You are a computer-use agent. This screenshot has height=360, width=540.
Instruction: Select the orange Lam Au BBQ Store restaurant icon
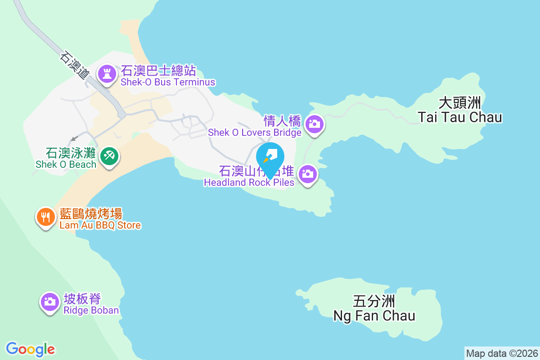[45, 217]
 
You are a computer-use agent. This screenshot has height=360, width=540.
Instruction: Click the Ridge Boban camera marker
[50, 301]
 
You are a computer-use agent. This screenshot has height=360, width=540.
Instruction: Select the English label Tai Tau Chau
[459, 117]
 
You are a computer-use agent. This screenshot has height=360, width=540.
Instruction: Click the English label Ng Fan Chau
[374, 315]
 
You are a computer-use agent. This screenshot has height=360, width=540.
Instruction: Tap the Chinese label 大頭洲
[460, 103]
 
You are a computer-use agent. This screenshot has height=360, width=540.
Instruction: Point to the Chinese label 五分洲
[374, 301]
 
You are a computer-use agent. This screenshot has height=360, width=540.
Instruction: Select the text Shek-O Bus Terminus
[168, 82]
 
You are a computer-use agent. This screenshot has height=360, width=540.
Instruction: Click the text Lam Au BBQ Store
[100, 225]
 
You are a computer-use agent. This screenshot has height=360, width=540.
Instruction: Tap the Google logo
[31, 349]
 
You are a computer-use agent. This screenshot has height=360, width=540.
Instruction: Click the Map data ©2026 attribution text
[501, 353]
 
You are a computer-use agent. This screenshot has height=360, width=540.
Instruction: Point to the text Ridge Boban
[91, 310]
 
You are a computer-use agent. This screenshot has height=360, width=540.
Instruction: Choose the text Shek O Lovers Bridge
[254, 133]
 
